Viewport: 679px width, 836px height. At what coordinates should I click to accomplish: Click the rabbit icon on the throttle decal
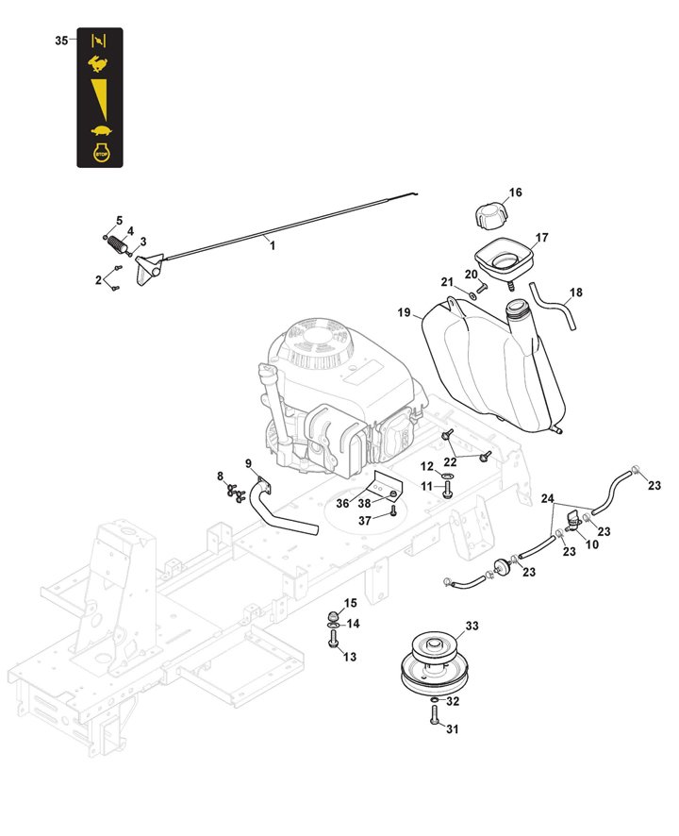point(98,64)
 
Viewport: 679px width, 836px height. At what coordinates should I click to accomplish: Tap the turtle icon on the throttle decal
point(98,130)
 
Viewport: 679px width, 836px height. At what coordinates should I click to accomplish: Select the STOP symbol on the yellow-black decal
point(98,153)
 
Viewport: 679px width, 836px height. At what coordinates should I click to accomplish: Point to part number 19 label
point(404,313)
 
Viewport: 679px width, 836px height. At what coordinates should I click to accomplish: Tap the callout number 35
point(61,41)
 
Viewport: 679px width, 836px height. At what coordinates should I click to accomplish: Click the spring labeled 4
point(117,244)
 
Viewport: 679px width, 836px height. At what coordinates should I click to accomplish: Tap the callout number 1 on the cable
point(273,245)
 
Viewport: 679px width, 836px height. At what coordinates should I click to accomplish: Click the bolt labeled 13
point(333,642)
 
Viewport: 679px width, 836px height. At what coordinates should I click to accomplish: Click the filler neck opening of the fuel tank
point(518,308)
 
